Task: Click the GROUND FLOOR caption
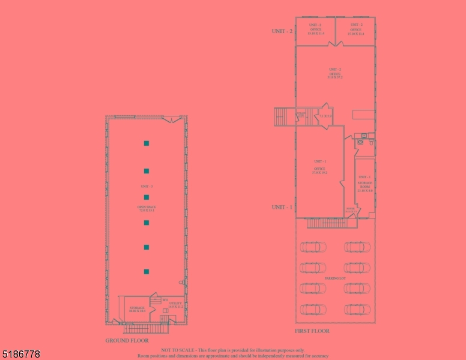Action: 127,340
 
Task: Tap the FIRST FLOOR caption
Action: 312,331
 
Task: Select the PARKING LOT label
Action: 334,279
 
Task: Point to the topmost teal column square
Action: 146,143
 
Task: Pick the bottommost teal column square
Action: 146,272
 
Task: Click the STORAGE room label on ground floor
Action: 137,310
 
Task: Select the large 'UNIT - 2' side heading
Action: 282,31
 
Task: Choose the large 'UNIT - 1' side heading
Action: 282,207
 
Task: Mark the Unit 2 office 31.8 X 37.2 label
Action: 334,74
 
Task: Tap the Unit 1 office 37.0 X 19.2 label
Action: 319,170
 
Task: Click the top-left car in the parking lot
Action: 313,247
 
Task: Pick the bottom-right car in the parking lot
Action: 357,309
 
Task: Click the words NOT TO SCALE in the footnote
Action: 178,350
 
